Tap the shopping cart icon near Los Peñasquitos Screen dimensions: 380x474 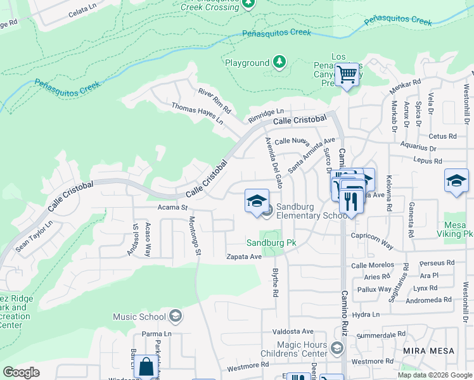pos(347,75)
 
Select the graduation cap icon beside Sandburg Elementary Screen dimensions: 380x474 pos(257,201)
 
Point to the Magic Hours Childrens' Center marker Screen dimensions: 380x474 pos(336,348)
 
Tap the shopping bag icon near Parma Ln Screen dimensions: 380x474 pos(146,367)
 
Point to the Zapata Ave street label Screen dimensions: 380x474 pos(244,256)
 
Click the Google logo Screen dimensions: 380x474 pos(22,372)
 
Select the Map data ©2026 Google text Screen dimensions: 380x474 pos(434,375)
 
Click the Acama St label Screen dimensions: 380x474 pos(173,207)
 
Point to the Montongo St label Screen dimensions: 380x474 pos(195,236)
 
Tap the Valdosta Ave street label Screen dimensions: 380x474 pos(293,331)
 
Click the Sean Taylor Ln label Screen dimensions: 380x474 pos(35,236)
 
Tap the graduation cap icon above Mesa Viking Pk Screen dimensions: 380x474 pos(456,181)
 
